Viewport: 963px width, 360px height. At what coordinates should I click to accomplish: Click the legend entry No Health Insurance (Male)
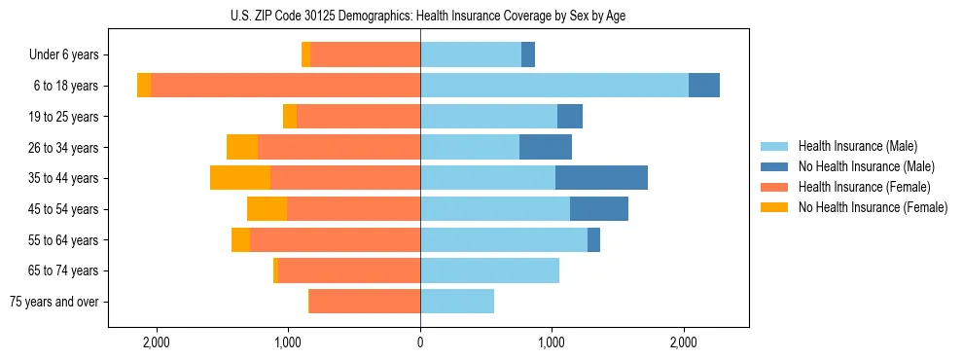(858, 166)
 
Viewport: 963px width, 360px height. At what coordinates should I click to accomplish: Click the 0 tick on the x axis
(420, 342)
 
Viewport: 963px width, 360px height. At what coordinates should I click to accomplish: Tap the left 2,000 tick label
(157, 342)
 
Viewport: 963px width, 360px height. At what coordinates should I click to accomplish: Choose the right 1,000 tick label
(552, 342)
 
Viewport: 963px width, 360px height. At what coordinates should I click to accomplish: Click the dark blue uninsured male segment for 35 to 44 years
(601, 178)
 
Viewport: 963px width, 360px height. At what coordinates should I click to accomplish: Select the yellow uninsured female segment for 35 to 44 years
(240, 178)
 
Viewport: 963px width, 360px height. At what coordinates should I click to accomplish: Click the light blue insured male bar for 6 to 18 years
(554, 86)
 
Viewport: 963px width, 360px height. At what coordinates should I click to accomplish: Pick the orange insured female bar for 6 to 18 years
(286, 86)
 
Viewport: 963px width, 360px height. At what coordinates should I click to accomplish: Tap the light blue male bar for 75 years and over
(457, 302)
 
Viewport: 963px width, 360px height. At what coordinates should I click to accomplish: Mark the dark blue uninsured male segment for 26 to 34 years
(546, 147)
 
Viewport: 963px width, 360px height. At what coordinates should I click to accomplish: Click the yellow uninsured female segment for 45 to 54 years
(267, 209)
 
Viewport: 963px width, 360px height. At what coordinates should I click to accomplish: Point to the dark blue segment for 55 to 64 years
(593, 239)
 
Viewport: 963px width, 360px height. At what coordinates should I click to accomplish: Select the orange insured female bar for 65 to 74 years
(349, 270)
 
